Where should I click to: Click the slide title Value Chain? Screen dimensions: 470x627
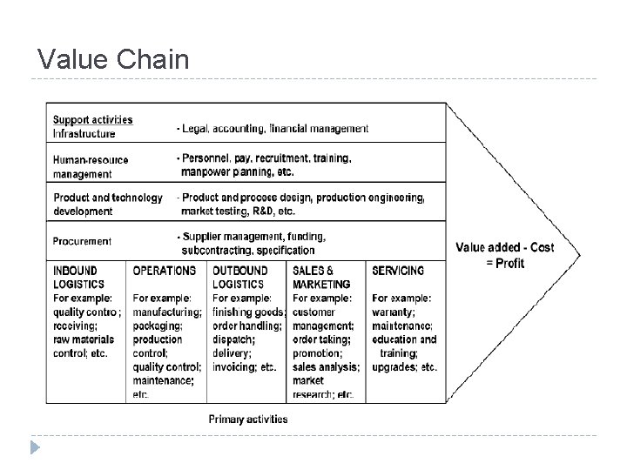click(x=113, y=59)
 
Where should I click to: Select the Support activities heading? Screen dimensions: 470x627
click(x=92, y=119)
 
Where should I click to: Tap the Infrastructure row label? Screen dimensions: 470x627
click(x=84, y=133)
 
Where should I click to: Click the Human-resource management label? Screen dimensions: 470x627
click(x=91, y=167)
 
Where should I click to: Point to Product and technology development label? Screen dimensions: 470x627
click(x=107, y=204)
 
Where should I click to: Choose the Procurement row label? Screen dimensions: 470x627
click(x=82, y=241)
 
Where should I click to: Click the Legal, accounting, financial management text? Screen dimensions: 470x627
click(x=273, y=128)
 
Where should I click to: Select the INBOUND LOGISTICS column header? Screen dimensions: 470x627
click(x=78, y=277)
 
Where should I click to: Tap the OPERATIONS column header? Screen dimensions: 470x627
click(x=164, y=271)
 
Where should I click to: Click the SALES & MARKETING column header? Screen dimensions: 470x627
click(x=321, y=277)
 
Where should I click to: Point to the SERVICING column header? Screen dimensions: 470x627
click(x=398, y=271)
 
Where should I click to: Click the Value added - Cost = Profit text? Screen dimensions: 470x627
click(x=504, y=255)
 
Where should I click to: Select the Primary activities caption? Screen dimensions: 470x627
click(x=248, y=419)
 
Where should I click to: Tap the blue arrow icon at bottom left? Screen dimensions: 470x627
click(x=34, y=449)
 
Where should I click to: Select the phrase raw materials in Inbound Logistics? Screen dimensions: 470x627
click(x=84, y=339)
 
